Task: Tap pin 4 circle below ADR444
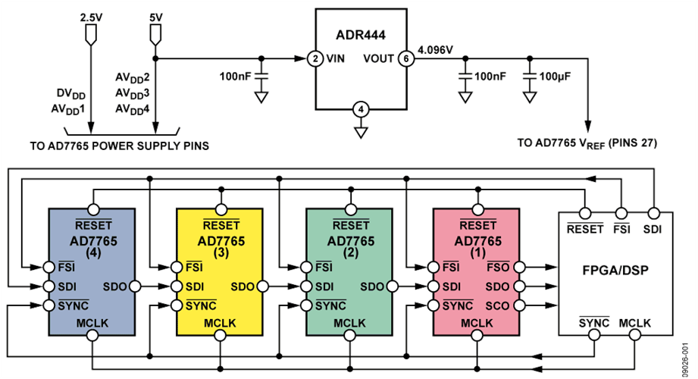tap(361, 111)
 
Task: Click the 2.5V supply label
tap(89, 15)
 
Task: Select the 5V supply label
tap(155, 15)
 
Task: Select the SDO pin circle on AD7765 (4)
tap(135, 287)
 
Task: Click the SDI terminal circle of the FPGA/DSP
tap(651, 213)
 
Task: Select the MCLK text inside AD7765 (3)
tap(221, 324)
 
